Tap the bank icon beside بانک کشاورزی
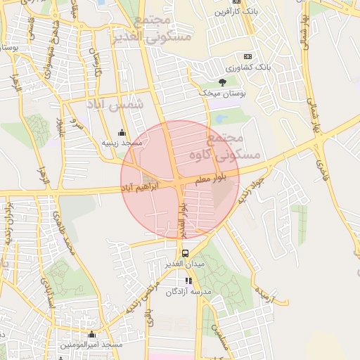(x=247, y=56)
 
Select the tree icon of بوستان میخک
(x=223, y=82)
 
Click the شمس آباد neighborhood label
(x=115, y=103)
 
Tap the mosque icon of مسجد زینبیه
(x=122, y=131)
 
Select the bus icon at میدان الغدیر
(x=185, y=253)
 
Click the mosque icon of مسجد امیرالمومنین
(x=91, y=334)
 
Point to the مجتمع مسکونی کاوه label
(x=235, y=146)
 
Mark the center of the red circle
(x=180, y=179)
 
